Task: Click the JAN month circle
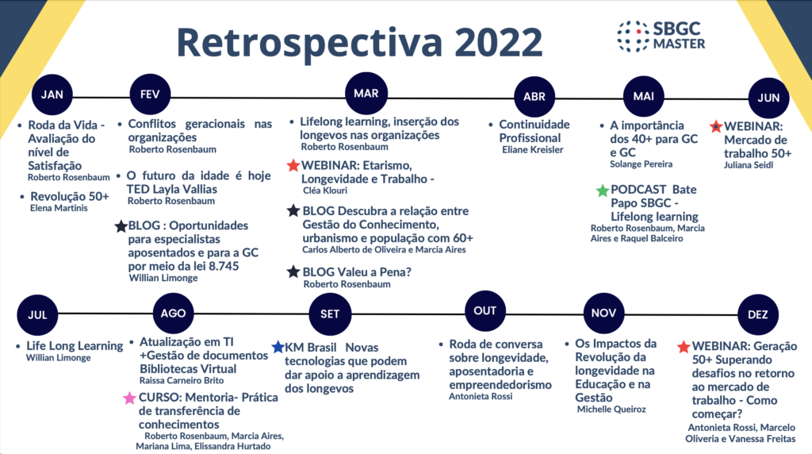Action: pyautogui.click(x=52, y=94)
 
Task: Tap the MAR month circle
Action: pyautogui.click(x=366, y=94)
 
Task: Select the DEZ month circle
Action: pyautogui.click(x=757, y=314)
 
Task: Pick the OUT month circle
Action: pyautogui.click(x=485, y=311)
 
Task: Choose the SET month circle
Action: pyautogui.click(x=330, y=314)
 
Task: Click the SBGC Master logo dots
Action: pyautogui.click(x=633, y=37)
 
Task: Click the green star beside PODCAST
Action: pyautogui.click(x=603, y=190)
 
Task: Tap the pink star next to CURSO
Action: pyautogui.click(x=129, y=398)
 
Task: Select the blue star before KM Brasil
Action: pyautogui.click(x=278, y=347)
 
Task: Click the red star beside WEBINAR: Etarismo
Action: pyautogui.click(x=293, y=165)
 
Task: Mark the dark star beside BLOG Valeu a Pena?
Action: pyautogui.click(x=293, y=271)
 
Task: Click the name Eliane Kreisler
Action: pyautogui.click(x=532, y=150)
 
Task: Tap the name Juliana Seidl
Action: pyautogui.click(x=749, y=165)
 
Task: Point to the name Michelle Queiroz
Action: pyautogui.click(x=611, y=410)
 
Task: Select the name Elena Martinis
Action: pyautogui.click(x=59, y=208)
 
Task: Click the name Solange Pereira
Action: pyautogui.click(x=641, y=164)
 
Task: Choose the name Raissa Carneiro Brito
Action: pyautogui.click(x=182, y=380)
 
